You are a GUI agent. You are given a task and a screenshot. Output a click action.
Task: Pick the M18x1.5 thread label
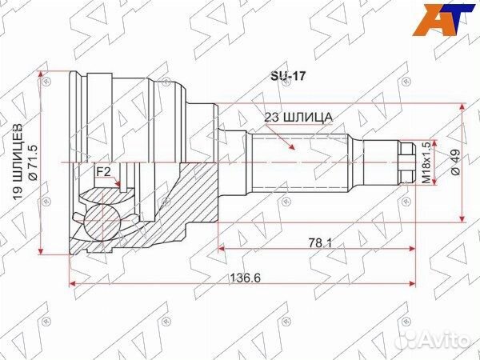click(x=426, y=162)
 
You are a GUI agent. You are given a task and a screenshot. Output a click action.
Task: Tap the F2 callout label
click(x=102, y=172)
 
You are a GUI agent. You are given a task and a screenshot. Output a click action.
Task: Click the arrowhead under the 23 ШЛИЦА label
click(x=289, y=148)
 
